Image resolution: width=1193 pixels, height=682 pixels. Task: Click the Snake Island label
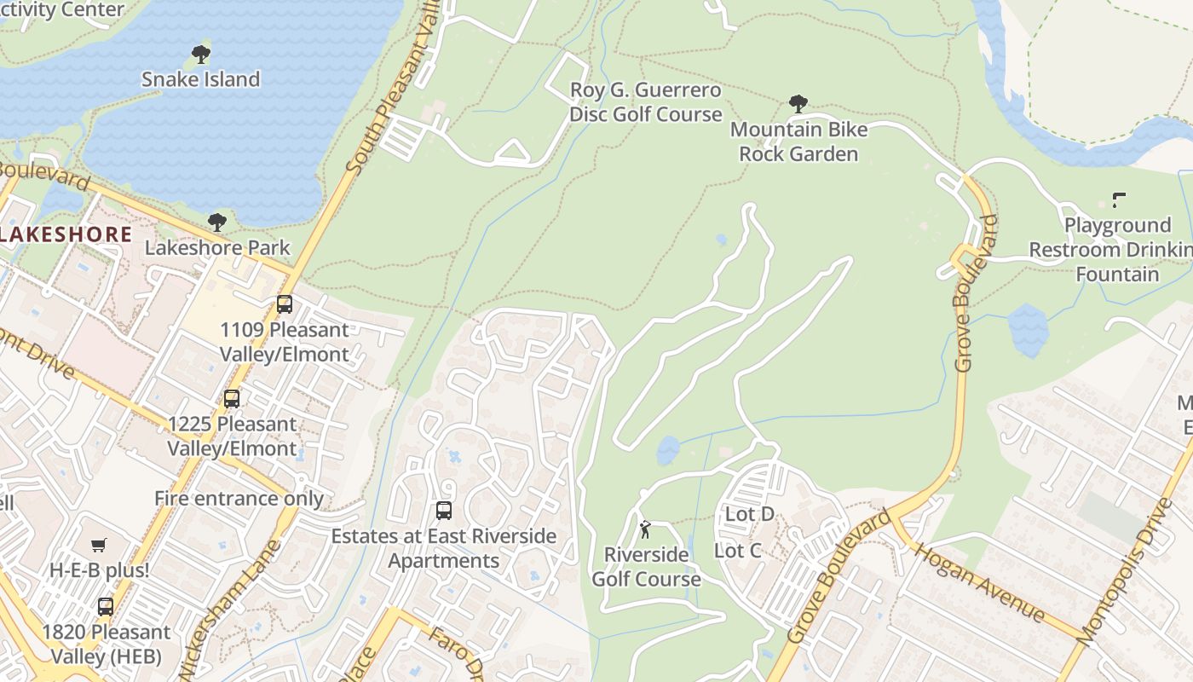tap(200, 79)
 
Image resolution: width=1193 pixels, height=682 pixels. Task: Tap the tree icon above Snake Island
tap(201, 55)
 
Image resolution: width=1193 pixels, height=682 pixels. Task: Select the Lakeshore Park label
tap(217, 248)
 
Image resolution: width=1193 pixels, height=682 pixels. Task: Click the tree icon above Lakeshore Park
tap(217, 223)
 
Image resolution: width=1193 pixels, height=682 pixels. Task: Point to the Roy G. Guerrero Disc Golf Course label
tap(645, 102)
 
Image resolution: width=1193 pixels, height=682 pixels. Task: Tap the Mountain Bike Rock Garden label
tap(798, 142)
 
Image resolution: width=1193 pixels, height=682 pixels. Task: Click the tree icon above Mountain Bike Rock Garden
tap(798, 104)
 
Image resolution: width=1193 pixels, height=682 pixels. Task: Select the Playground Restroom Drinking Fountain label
tap(1116, 250)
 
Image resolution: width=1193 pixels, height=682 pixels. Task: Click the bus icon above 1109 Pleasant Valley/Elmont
tap(285, 304)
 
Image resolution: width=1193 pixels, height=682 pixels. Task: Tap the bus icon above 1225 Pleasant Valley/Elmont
tap(232, 398)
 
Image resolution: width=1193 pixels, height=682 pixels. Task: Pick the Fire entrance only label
tap(239, 499)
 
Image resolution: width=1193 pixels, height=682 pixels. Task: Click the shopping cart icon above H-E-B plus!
tap(99, 545)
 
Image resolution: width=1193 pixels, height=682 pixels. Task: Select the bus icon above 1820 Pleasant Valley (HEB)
tap(106, 607)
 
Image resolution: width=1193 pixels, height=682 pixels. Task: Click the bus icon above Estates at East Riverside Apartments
tap(443, 511)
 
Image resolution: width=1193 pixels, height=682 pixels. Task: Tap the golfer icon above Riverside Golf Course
tap(645, 529)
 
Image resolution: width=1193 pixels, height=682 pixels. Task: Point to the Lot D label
tap(749, 514)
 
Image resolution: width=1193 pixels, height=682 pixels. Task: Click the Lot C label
tap(737, 551)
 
